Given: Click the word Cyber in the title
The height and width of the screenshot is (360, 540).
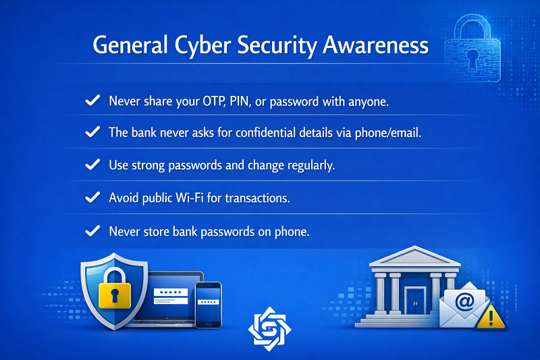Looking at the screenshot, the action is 202,46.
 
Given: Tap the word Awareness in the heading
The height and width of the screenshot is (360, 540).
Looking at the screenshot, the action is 375,45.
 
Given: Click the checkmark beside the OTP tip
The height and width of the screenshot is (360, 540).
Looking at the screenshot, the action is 92,100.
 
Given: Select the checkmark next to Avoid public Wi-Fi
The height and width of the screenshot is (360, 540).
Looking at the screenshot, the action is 92,197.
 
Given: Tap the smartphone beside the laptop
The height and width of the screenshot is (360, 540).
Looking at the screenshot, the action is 208,305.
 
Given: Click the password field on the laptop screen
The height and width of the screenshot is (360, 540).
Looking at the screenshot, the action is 171,292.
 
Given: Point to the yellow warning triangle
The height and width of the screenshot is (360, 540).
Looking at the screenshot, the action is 491,317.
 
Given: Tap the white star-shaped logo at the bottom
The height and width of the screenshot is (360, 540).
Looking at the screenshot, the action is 269,329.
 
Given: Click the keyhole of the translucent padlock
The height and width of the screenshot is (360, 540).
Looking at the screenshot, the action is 472,58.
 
